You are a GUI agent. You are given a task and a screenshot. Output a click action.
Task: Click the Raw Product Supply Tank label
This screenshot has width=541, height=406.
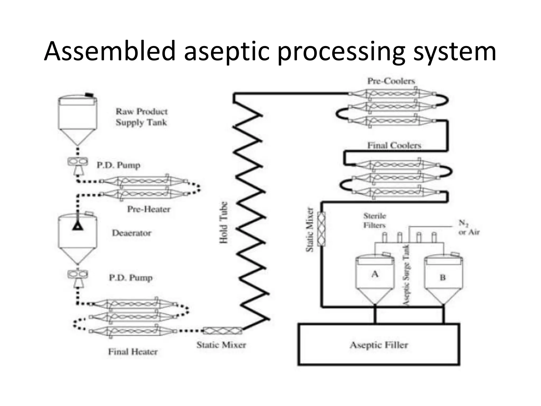(x=142, y=117)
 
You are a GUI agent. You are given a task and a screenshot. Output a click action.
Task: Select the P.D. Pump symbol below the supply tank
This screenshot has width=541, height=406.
(x=78, y=165)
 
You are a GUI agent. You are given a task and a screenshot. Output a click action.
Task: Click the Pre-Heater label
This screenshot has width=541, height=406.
(x=149, y=209)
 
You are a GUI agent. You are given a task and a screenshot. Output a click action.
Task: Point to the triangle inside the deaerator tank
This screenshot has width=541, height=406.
(x=78, y=226)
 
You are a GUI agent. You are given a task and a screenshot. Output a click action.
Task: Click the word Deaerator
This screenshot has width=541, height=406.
(x=132, y=233)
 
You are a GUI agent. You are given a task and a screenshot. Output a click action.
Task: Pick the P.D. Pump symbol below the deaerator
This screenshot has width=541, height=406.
(x=78, y=278)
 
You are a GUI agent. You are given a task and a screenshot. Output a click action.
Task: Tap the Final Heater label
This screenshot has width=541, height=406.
(x=133, y=352)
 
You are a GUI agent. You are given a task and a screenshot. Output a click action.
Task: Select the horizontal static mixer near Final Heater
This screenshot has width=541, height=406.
(x=223, y=331)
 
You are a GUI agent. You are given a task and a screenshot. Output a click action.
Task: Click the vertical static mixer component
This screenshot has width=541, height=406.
(x=321, y=229)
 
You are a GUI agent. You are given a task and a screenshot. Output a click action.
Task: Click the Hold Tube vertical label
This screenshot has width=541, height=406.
(x=223, y=223)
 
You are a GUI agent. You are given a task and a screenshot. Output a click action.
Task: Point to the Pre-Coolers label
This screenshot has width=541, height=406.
(x=391, y=81)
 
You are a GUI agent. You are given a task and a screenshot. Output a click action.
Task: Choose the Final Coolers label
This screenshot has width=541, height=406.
(x=394, y=145)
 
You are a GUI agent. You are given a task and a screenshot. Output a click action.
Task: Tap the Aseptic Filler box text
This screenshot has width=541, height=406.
(x=379, y=345)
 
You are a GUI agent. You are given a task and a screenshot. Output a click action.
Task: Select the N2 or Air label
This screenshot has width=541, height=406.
(x=469, y=228)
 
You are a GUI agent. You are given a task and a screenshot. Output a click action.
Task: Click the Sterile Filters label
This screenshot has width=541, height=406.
(x=375, y=220)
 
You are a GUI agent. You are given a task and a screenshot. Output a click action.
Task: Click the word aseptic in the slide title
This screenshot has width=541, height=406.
(x=227, y=52)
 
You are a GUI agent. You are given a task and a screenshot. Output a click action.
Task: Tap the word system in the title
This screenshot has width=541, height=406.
(x=454, y=52)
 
